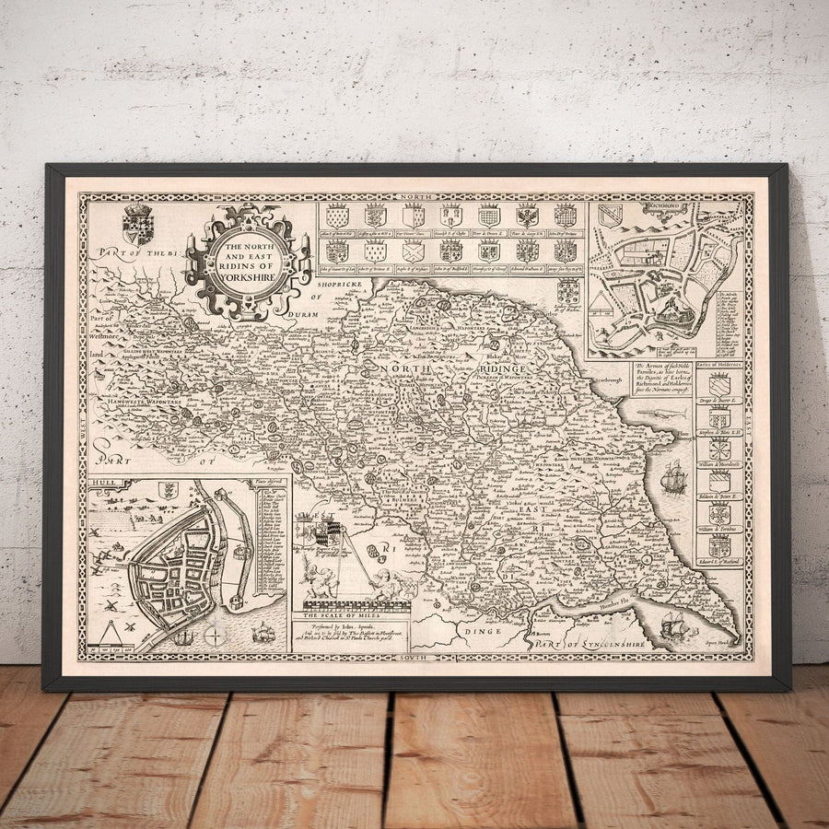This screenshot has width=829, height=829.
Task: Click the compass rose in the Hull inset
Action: pyautogui.click(x=215, y=636)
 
